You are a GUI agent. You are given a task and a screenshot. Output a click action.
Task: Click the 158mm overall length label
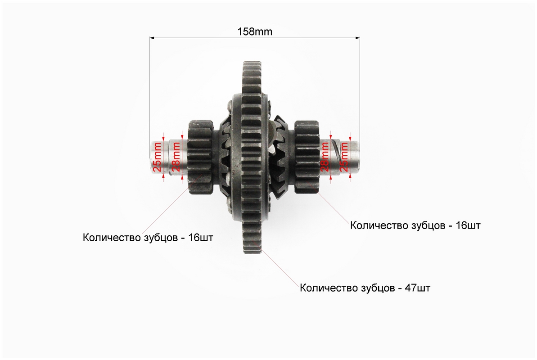(255, 31)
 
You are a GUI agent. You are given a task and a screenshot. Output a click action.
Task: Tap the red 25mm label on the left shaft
(157, 157)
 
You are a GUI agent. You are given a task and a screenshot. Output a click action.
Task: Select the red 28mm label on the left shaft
(176, 157)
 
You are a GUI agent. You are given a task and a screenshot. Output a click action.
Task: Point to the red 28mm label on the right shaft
(325, 157)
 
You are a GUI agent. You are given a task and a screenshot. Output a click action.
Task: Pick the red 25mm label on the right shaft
(344, 157)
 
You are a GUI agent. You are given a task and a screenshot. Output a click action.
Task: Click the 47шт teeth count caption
(365, 288)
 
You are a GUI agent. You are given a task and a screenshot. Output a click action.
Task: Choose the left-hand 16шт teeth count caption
(148, 237)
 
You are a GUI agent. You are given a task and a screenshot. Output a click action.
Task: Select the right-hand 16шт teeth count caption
(415, 225)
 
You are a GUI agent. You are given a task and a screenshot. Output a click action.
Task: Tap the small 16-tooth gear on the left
(200, 157)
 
